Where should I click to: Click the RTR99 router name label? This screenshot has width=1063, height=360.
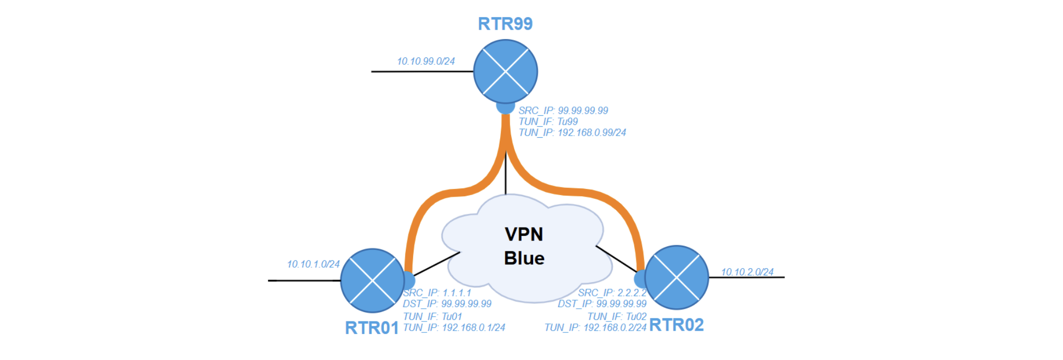coord(505,24)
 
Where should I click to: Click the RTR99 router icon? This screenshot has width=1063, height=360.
coord(505,71)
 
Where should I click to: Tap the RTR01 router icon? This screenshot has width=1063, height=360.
coord(372,280)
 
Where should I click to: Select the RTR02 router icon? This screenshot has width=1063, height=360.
coord(677,277)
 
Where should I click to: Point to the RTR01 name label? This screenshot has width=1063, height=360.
coord(372,328)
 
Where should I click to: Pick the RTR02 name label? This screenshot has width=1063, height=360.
coord(677,325)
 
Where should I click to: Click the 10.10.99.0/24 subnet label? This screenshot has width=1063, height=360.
coord(426,62)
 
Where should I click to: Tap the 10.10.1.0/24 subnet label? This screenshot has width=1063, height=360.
coord(313,265)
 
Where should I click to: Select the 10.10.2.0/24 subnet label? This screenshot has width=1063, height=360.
coord(747,272)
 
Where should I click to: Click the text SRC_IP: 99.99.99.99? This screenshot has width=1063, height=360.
coord(563,111)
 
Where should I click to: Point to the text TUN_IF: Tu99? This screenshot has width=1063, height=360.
coord(548,122)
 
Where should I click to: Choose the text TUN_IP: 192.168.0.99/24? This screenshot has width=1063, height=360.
coord(572,133)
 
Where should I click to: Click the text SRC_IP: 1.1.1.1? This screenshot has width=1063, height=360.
coord(437,293)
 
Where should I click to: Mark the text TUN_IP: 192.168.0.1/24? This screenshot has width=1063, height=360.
coord(454,328)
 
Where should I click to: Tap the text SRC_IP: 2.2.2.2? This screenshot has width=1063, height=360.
coord(612,293)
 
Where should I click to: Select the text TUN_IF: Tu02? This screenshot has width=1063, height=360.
coord(617,316)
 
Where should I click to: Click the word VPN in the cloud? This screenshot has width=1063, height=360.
coord(524,234)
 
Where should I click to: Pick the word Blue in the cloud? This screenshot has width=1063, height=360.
coord(524,258)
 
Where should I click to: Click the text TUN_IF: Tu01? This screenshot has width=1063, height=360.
coord(432,316)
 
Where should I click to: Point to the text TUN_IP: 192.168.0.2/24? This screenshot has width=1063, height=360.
coord(595,328)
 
